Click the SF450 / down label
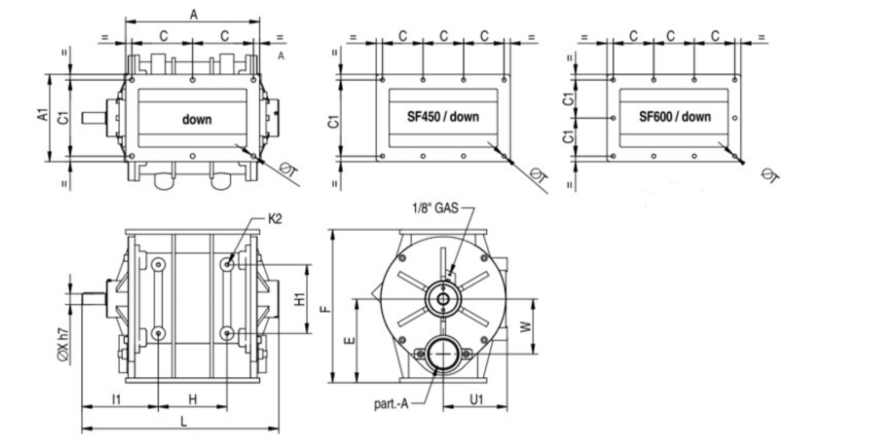[x=443, y=117]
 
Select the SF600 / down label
[x=674, y=117]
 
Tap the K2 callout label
[x=275, y=219]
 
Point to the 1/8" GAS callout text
[x=435, y=208]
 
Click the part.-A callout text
[x=391, y=404]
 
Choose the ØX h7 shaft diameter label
[x=64, y=346]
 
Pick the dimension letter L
[x=184, y=421]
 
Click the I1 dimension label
[x=116, y=399]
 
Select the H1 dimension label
[x=300, y=299]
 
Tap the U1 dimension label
[x=476, y=399]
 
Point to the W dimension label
[x=526, y=326]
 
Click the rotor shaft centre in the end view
[x=443, y=299]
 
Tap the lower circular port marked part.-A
[x=443, y=354]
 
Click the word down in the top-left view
[x=197, y=119]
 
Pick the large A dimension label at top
[x=194, y=15]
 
